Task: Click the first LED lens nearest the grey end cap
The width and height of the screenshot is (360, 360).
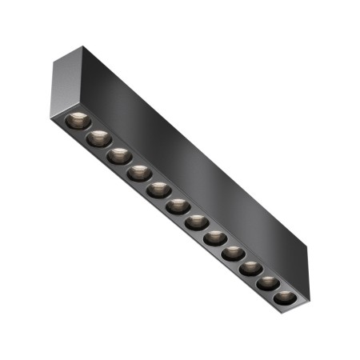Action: (x=77, y=122)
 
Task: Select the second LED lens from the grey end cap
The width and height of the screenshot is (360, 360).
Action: (x=99, y=138)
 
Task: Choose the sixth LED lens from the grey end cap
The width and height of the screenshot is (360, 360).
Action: (x=178, y=206)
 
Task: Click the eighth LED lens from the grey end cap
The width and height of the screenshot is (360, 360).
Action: (x=214, y=238)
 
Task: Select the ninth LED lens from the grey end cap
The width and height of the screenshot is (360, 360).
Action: (x=233, y=254)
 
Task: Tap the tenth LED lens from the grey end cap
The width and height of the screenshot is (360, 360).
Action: (x=250, y=270)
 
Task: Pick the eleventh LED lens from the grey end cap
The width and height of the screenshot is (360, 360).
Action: (x=268, y=285)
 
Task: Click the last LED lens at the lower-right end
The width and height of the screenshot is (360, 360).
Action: (x=285, y=299)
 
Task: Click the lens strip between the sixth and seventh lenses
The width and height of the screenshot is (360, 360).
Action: (x=187, y=214)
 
